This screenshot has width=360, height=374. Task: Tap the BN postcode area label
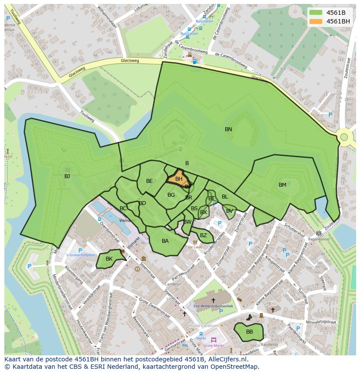[228, 129]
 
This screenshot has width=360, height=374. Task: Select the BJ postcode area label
[67, 176]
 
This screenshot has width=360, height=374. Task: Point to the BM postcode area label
[283, 185]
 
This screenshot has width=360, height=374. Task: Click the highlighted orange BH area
[178, 179]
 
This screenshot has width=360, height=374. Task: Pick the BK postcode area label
[109, 259]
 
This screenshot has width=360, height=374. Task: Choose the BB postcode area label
[249, 332]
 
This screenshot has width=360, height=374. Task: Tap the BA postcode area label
[165, 241]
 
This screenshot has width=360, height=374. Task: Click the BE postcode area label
[150, 181]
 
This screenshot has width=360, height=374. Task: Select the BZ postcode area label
[203, 235]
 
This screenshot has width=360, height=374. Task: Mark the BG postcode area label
[171, 195]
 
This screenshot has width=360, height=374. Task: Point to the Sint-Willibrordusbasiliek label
[213, 307]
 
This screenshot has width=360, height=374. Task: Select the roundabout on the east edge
[344, 137]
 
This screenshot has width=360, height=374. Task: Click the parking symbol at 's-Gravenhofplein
[80, 250]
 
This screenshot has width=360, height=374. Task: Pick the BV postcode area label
[229, 211]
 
